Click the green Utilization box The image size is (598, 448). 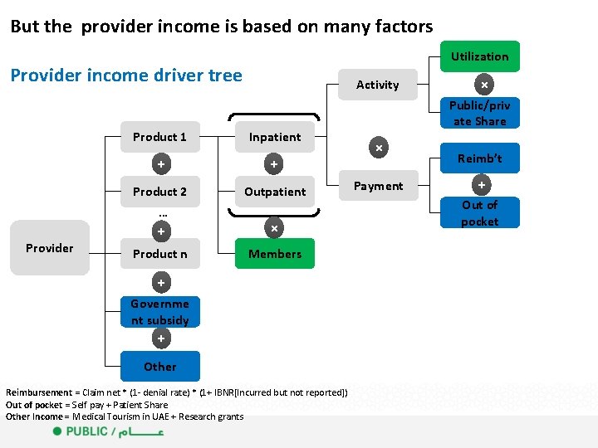[x=479, y=56]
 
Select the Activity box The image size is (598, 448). [x=377, y=85]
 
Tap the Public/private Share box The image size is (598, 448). [x=479, y=114]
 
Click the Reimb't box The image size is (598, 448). [x=479, y=158]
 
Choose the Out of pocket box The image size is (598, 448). [x=479, y=213]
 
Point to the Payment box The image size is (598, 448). [x=378, y=186]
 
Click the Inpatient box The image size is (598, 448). [x=275, y=137]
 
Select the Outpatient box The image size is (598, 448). [x=275, y=192]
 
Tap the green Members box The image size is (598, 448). [x=275, y=254]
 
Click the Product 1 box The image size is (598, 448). [x=159, y=137]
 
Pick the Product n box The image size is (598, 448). [x=159, y=254]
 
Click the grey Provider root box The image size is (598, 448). [x=50, y=248]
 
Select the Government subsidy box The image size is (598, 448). [x=159, y=311]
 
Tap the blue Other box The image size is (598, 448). [x=159, y=366]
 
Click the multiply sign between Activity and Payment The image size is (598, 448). [x=378, y=148]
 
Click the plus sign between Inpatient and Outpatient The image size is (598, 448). [x=274, y=164]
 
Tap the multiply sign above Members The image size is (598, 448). [x=274, y=227]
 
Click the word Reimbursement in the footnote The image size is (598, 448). [x=38, y=392]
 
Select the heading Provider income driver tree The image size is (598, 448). [x=126, y=75]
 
